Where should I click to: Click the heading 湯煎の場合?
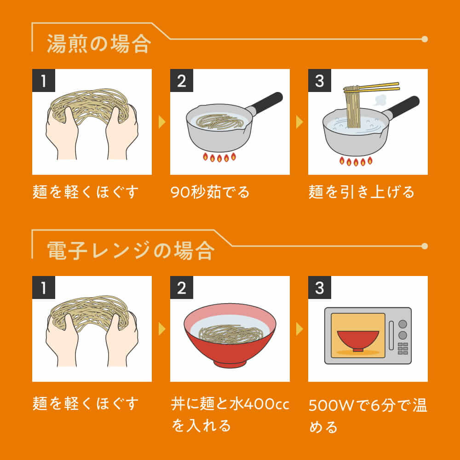[x=99, y=44]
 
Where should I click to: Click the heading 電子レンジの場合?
[x=131, y=251]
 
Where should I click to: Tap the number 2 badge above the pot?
[x=182, y=80]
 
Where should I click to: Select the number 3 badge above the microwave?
[x=320, y=287]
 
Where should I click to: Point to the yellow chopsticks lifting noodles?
[x=372, y=87]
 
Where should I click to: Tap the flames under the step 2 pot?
[x=219, y=157]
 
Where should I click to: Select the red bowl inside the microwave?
[x=358, y=340]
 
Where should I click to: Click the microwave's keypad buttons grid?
[x=403, y=348]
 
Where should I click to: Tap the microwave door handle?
[x=391, y=336]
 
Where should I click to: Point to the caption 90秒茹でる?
[x=210, y=192]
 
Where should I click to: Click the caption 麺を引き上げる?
[x=361, y=192]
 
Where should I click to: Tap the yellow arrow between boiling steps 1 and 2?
[x=162, y=122]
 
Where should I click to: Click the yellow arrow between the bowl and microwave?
[x=299, y=329]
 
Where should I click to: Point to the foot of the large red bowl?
[x=230, y=363]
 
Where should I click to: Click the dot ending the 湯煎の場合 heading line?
[x=425, y=39]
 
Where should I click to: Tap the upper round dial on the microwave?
[x=403, y=324]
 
